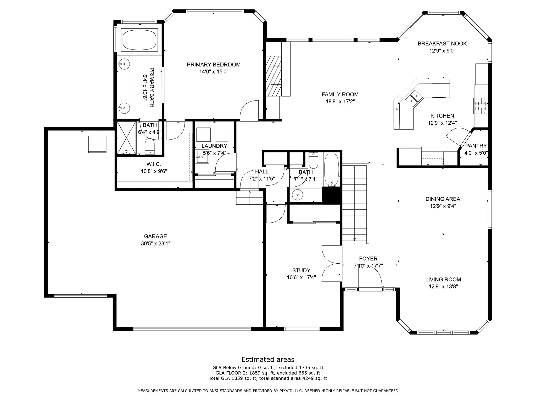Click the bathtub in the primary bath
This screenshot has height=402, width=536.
coord(140,40)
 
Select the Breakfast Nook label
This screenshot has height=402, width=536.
coord(442,43)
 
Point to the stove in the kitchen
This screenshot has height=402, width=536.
coord(481,106)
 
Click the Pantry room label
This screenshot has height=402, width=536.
coord(476,146)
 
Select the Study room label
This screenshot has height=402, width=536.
coord(301,270)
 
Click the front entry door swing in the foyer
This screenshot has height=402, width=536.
coord(370,278)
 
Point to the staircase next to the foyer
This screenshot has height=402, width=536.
coord(355,203)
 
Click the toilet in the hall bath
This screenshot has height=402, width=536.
coord(313,160)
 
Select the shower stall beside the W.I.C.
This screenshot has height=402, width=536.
coord(126,138)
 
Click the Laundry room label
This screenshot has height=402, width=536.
coord(214,146)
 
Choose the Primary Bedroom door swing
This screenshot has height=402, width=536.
coord(249,111)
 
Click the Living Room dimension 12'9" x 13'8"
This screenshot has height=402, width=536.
coord(443,287)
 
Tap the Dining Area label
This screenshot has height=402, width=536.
coord(443,199)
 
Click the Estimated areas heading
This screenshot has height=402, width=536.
coord(268,359)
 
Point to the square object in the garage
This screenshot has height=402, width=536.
coord(97,144)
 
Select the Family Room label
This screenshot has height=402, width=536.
coord(340,94)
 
